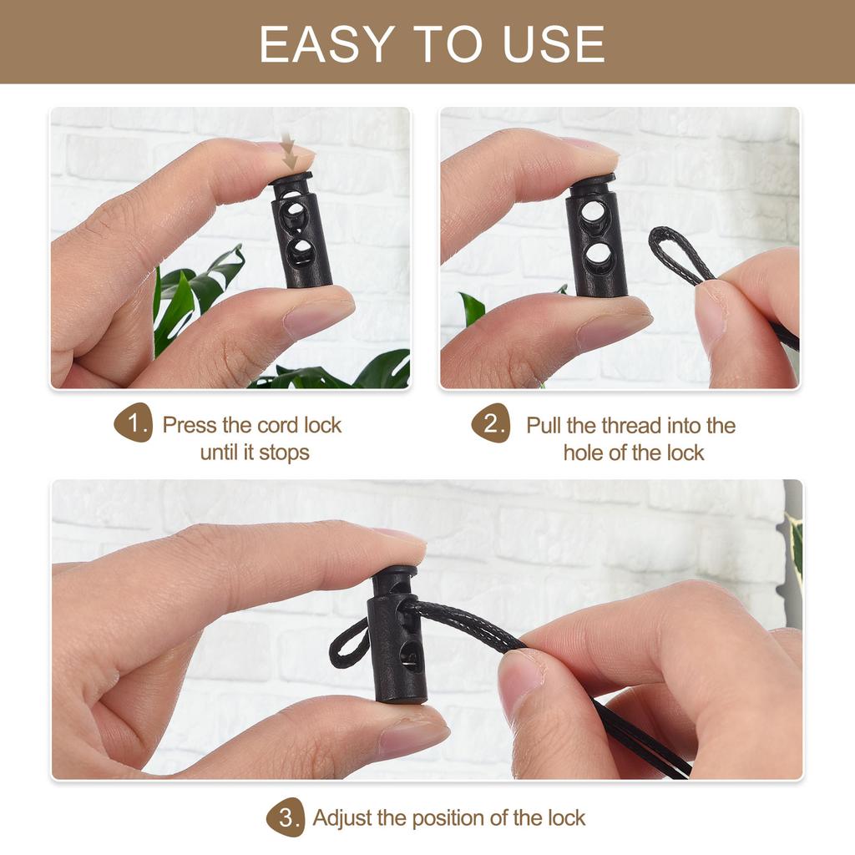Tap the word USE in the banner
click(554, 44)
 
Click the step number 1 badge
click(134, 423)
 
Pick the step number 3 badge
click(286, 817)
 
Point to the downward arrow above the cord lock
click(289, 154)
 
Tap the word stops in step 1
click(284, 453)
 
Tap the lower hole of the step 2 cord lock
click(596, 257)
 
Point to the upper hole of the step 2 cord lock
click(594, 212)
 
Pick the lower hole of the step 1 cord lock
click(301, 251)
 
